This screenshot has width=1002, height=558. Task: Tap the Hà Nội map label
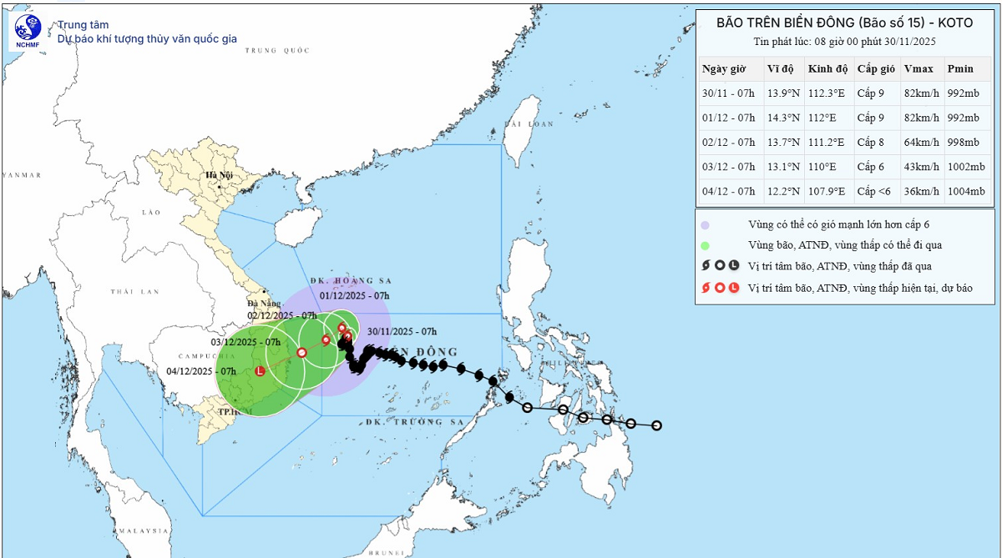[219, 175]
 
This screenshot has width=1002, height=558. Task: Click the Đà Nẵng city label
[264, 304]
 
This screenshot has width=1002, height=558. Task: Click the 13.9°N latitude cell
[783, 93]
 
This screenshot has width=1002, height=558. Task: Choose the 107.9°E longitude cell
[827, 192]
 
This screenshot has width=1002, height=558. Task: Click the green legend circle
[706, 245]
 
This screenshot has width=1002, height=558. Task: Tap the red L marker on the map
[260, 371]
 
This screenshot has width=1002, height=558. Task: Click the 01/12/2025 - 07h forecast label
[354, 295]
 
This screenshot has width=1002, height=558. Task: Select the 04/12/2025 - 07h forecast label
[202, 371]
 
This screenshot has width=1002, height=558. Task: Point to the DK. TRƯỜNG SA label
[433, 423]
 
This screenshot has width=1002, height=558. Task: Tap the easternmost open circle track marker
[656, 425]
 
